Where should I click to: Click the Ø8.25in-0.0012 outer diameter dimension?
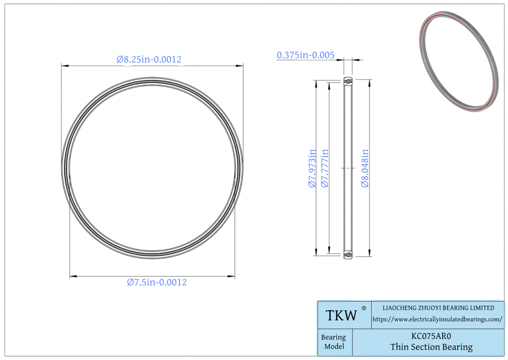149,59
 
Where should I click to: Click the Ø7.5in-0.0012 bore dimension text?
157,282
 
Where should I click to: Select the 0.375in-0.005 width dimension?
305,55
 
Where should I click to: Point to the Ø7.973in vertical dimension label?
312,168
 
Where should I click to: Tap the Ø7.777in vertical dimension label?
324,168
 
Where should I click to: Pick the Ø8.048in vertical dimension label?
365,168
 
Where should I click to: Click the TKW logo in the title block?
341,315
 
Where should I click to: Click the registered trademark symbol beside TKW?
364,308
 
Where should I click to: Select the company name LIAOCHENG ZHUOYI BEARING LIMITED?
439,308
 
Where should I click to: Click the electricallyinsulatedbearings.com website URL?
438,320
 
